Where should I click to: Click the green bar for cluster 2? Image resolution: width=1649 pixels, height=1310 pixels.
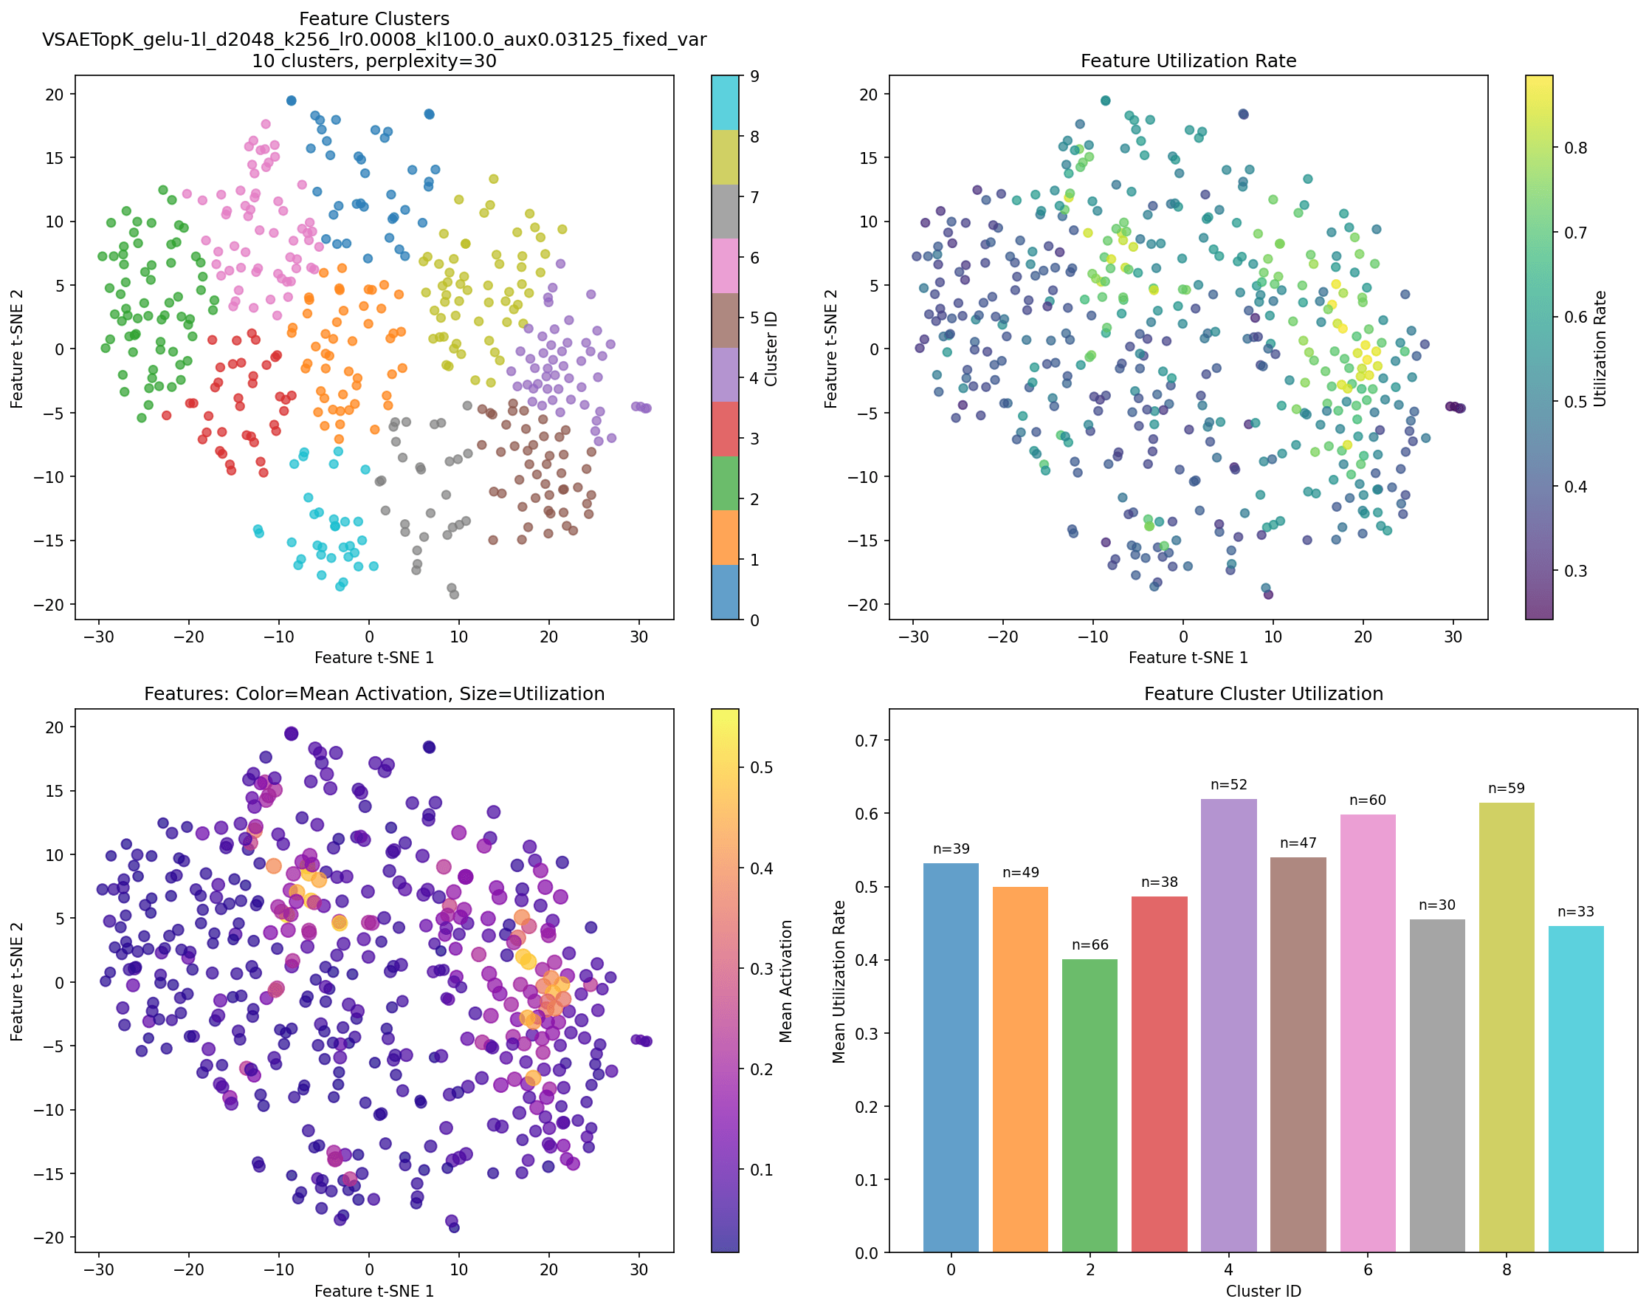[1089, 1105]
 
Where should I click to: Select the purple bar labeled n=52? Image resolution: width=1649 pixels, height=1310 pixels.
[1228, 1026]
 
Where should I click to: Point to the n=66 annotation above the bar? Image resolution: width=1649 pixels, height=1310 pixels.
[1089, 945]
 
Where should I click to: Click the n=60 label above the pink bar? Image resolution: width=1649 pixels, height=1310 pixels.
[1368, 800]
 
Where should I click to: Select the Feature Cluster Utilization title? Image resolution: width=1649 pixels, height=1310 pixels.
[1263, 694]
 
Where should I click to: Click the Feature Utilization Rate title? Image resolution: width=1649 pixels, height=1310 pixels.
[1188, 61]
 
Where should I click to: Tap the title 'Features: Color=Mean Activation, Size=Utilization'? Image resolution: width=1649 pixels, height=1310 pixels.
[374, 694]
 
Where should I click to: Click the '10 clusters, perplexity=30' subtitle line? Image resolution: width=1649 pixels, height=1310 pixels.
[374, 61]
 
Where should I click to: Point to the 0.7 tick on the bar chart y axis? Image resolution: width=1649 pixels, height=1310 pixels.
[871, 740]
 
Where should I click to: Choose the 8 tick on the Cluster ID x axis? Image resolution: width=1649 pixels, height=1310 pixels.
[1506, 1269]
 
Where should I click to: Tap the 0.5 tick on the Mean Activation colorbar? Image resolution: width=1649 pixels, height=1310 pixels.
[762, 767]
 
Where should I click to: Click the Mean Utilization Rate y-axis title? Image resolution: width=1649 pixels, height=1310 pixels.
[839, 981]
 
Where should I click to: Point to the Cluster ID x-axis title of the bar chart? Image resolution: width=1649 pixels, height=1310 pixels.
[1263, 1292]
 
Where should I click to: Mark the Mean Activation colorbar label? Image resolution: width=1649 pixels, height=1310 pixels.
[786, 981]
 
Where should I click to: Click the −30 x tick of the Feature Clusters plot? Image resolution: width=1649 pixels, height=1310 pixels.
[98, 637]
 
